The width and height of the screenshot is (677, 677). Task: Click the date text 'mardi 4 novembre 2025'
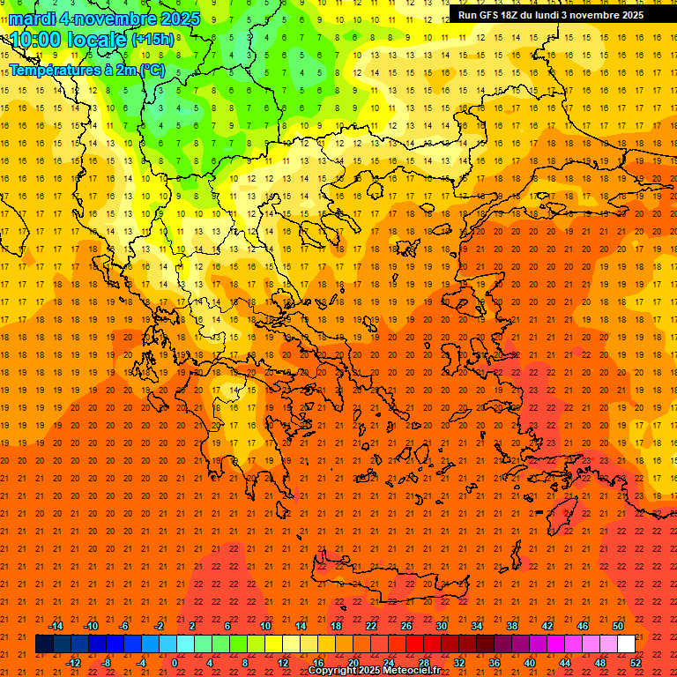pyautogui.click(x=104, y=19)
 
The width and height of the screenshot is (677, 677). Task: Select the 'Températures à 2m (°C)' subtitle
pyautogui.click(x=86, y=70)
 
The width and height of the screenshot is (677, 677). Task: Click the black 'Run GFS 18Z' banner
pyautogui.click(x=550, y=14)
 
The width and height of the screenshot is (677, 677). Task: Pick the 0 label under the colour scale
pyautogui.click(x=174, y=663)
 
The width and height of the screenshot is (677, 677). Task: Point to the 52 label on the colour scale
pyautogui.click(x=636, y=663)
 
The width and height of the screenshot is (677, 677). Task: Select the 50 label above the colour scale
pyautogui.click(x=618, y=626)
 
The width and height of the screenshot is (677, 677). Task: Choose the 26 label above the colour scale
pyautogui.click(x=406, y=626)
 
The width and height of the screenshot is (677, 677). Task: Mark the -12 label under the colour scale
pyautogui.click(x=73, y=663)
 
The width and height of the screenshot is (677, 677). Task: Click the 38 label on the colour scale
pyautogui.click(x=512, y=626)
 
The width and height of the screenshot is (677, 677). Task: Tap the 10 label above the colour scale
pyautogui.click(x=265, y=626)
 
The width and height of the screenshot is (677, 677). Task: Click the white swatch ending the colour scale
pyautogui.click(x=627, y=644)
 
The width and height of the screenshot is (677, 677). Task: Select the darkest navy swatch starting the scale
pyautogui.click(x=44, y=644)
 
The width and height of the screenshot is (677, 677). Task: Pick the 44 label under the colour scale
pyautogui.click(x=566, y=663)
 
